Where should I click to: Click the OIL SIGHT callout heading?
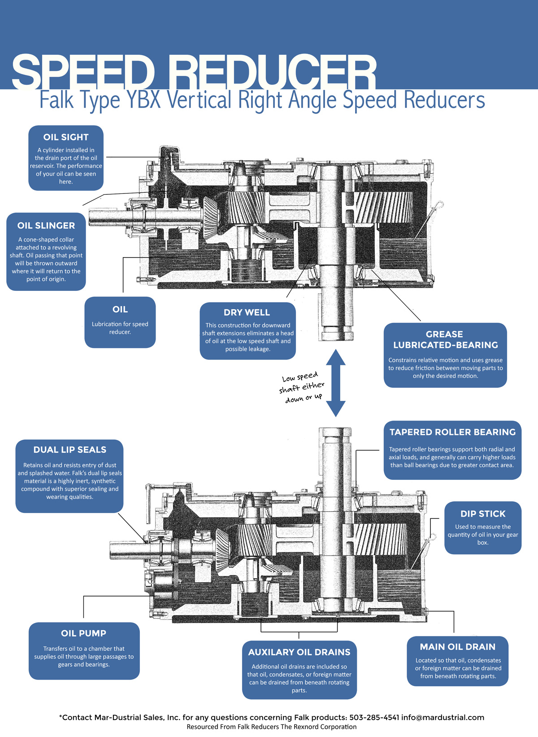click(66, 137)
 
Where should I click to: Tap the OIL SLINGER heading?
click(46, 226)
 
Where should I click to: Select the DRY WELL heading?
click(247, 312)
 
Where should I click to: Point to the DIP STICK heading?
click(483, 513)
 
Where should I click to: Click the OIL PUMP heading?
click(83, 633)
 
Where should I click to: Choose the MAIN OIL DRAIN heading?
click(457, 646)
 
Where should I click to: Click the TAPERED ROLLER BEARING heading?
click(452, 432)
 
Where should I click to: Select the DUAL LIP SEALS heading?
click(69, 450)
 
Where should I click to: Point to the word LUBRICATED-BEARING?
click(445, 345)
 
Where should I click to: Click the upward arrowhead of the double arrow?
click(335, 357)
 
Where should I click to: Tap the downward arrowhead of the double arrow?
click(335, 409)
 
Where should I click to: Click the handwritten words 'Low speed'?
click(300, 377)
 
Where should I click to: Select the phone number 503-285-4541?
click(374, 717)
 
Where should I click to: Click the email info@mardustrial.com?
click(443, 717)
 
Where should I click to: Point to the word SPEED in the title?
click(83, 72)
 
